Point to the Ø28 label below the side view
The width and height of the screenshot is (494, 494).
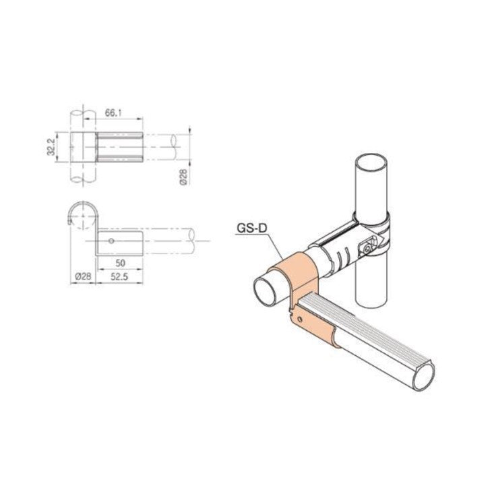pos(82,276)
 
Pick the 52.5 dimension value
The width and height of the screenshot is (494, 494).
pos(121,276)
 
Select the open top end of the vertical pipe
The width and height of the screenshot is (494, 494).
pos(373,163)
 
